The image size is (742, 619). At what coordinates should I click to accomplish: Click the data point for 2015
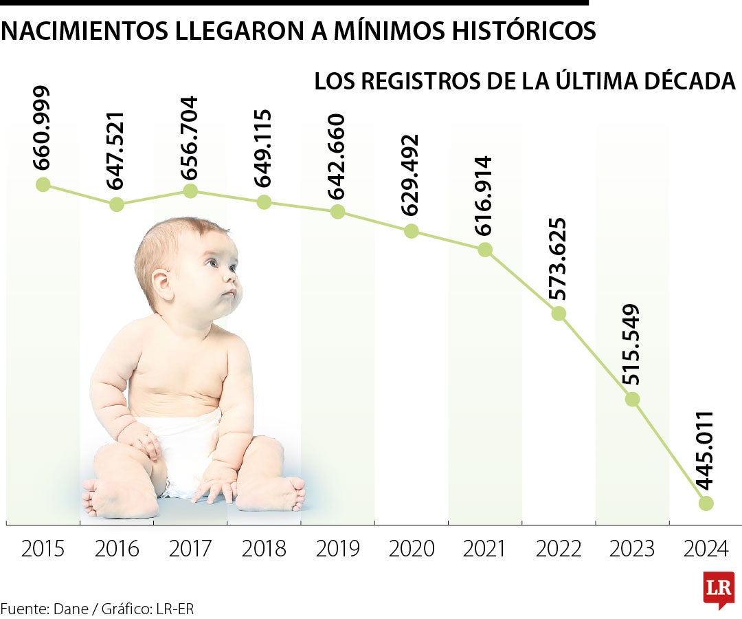(43, 184)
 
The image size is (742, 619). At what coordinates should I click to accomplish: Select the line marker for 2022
(559, 314)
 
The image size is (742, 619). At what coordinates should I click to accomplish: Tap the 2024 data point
(706, 503)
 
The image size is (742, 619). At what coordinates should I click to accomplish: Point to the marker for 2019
(337, 212)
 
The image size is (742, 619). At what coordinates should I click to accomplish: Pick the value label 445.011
(705, 450)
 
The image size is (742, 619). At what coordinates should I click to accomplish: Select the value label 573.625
(557, 259)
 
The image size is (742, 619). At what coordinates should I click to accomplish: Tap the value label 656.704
(189, 138)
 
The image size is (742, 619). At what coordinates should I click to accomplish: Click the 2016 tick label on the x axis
(117, 549)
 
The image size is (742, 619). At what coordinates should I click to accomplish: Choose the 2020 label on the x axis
(412, 549)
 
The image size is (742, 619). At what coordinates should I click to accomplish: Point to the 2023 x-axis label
(632, 549)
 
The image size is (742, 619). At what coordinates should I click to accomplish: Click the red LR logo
(719, 589)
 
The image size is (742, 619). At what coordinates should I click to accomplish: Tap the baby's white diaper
(182, 450)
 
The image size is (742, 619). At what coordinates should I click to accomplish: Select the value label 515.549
(632, 344)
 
